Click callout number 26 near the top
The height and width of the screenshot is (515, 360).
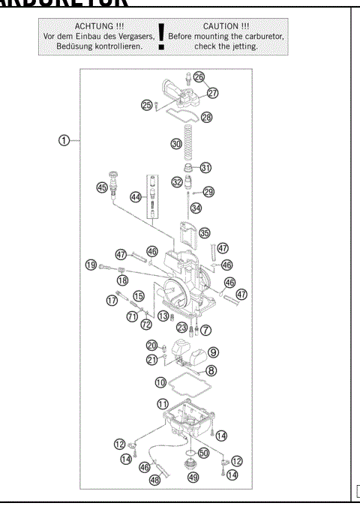click(x=199, y=76)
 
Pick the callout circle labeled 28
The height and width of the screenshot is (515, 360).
click(x=206, y=117)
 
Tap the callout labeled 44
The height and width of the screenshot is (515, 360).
click(x=135, y=196)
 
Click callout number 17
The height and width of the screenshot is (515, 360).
click(x=112, y=301)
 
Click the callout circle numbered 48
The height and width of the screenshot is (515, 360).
click(x=156, y=480)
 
